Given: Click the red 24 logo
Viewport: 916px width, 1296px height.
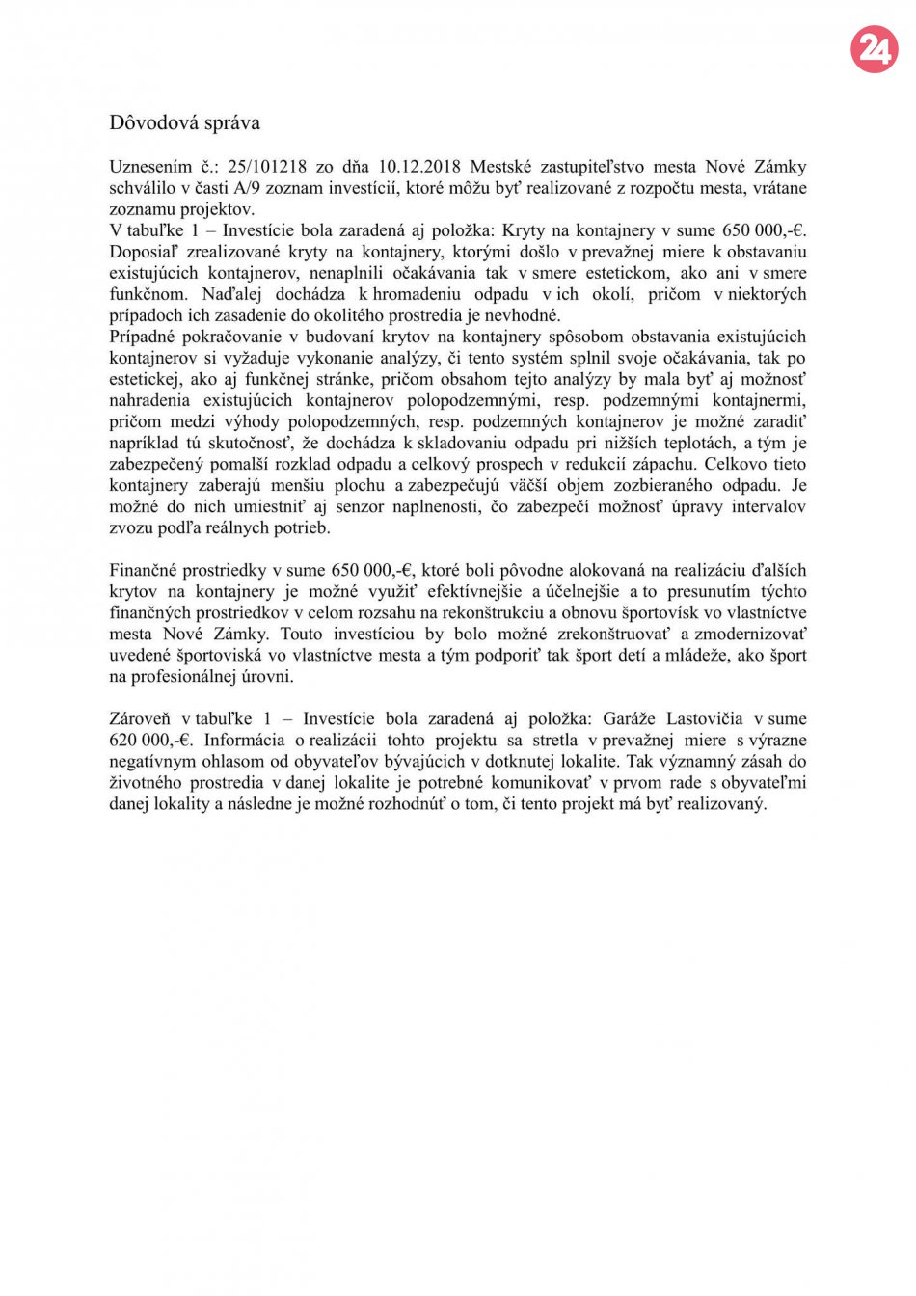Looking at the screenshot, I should (874, 49).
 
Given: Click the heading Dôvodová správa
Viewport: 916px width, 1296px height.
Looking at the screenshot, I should (184, 122).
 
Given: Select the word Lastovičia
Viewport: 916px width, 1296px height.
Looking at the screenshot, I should (705, 719).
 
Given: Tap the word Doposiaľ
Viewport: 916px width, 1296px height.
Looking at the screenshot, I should (144, 252).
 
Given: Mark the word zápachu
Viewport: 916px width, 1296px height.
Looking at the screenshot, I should (663, 465).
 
